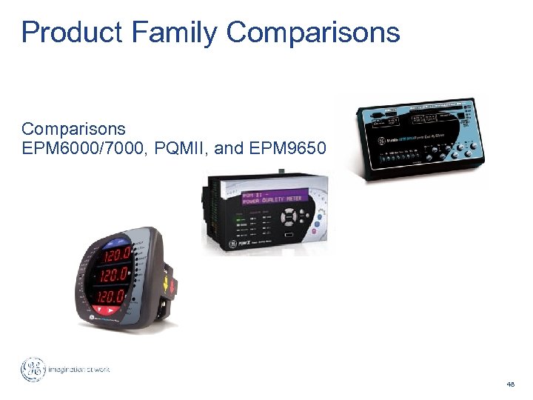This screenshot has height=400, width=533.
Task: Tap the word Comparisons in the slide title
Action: [313, 33]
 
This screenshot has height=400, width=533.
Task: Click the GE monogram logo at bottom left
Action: [33, 370]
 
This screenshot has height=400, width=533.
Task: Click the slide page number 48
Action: [510, 384]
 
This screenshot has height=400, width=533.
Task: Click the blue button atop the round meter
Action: [118, 241]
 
